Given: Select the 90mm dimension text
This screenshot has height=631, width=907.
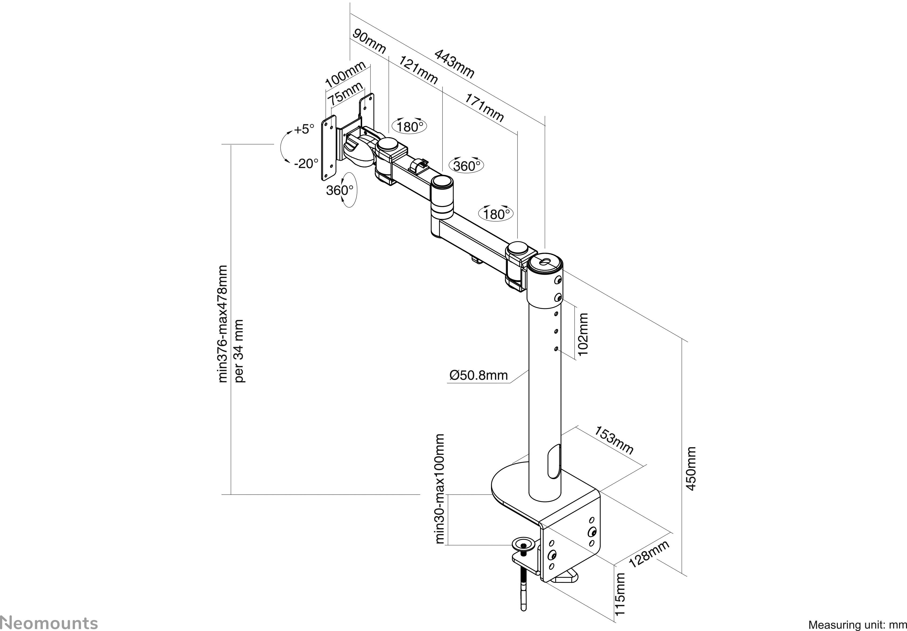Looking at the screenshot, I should (x=369, y=41).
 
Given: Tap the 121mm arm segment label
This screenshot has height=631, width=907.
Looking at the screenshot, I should (x=418, y=70).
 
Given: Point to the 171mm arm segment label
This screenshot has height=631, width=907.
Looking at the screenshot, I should (x=484, y=108).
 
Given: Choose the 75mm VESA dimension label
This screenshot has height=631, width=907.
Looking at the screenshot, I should (x=346, y=94).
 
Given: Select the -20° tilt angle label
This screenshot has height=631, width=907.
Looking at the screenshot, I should (x=306, y=163).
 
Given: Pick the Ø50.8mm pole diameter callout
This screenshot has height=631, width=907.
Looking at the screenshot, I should (x=478, y=375).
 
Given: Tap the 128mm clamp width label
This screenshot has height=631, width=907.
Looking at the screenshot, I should (x=649, y=554).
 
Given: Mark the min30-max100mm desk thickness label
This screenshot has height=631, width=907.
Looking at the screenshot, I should (x=440, y=489).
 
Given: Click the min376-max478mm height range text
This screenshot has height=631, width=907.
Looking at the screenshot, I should (x=223, y=324).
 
